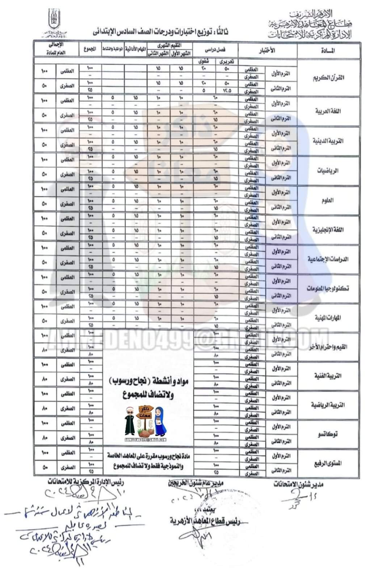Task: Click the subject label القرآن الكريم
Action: tap(328, 77)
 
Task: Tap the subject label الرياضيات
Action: tap(328, 171)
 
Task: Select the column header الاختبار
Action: tap(268, 51)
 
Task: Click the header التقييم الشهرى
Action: tap(169, 46)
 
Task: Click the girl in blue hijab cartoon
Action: tap(160, 422)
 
